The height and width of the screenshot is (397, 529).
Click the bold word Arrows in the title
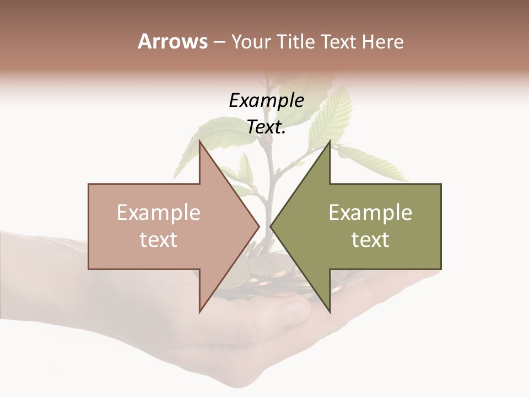click(x=172, y=41)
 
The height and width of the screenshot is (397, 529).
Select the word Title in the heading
click(x=295, y=42)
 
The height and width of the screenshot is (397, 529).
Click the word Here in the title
click(x=383, y=42)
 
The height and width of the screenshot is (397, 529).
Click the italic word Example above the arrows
click(x=266, y=100)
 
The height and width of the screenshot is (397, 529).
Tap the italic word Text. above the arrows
click(x=266, y=127)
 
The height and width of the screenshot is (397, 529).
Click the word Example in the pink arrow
click(x=159, y=213)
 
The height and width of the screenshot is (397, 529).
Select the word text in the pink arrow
click(x=159, y=240)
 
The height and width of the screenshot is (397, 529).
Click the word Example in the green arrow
click(x=370, y=213)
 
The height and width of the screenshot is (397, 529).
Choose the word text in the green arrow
click(x=370, y=240)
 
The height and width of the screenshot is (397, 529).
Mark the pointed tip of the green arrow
click(x=271, y=226)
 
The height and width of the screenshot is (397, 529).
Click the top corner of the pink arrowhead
click(x=199, y=142)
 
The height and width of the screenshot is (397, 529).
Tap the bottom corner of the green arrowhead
click(x=330, y=311)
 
